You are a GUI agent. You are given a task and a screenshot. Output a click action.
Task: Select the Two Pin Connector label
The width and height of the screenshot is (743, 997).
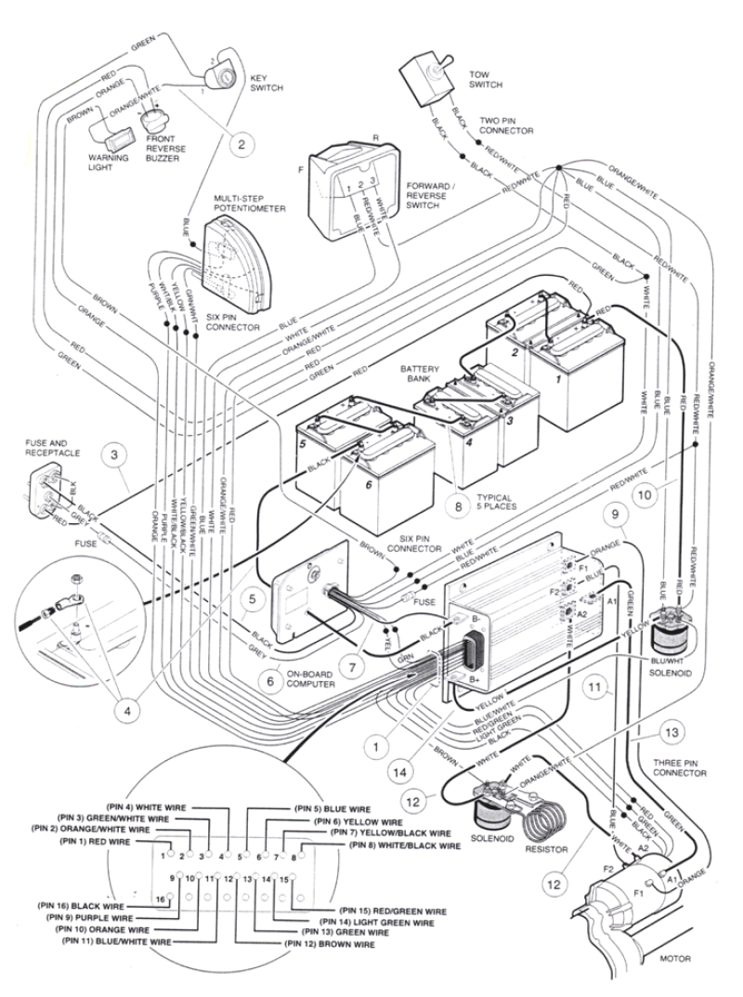point(506,126)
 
